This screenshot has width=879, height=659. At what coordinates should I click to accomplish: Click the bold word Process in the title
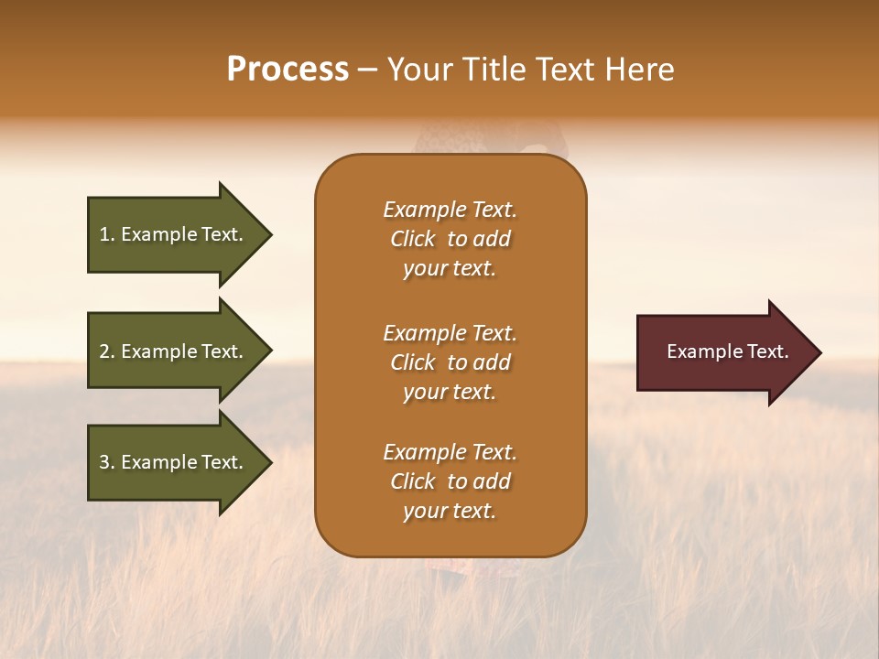(x=288, y=70)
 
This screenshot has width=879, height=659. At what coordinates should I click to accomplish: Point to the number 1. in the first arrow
(x=107, y=234)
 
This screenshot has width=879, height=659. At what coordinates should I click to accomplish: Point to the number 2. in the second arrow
(x=107, y=351)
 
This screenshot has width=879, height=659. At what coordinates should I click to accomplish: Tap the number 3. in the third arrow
(x=107, y=462)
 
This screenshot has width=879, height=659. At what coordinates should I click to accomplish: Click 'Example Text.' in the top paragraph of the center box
(x=450, y=210)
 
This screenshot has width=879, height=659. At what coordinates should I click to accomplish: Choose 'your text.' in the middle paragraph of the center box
(x=450, y=392)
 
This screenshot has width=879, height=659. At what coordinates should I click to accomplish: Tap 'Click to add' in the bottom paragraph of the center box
(x=450, y=481)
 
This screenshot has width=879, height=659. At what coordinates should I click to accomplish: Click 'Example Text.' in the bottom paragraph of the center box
(x=450, y=452)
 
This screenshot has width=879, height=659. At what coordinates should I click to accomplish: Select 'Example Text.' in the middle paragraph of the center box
(x=450, y=333)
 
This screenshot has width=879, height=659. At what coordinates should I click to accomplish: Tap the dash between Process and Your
(x=368, y=70)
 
